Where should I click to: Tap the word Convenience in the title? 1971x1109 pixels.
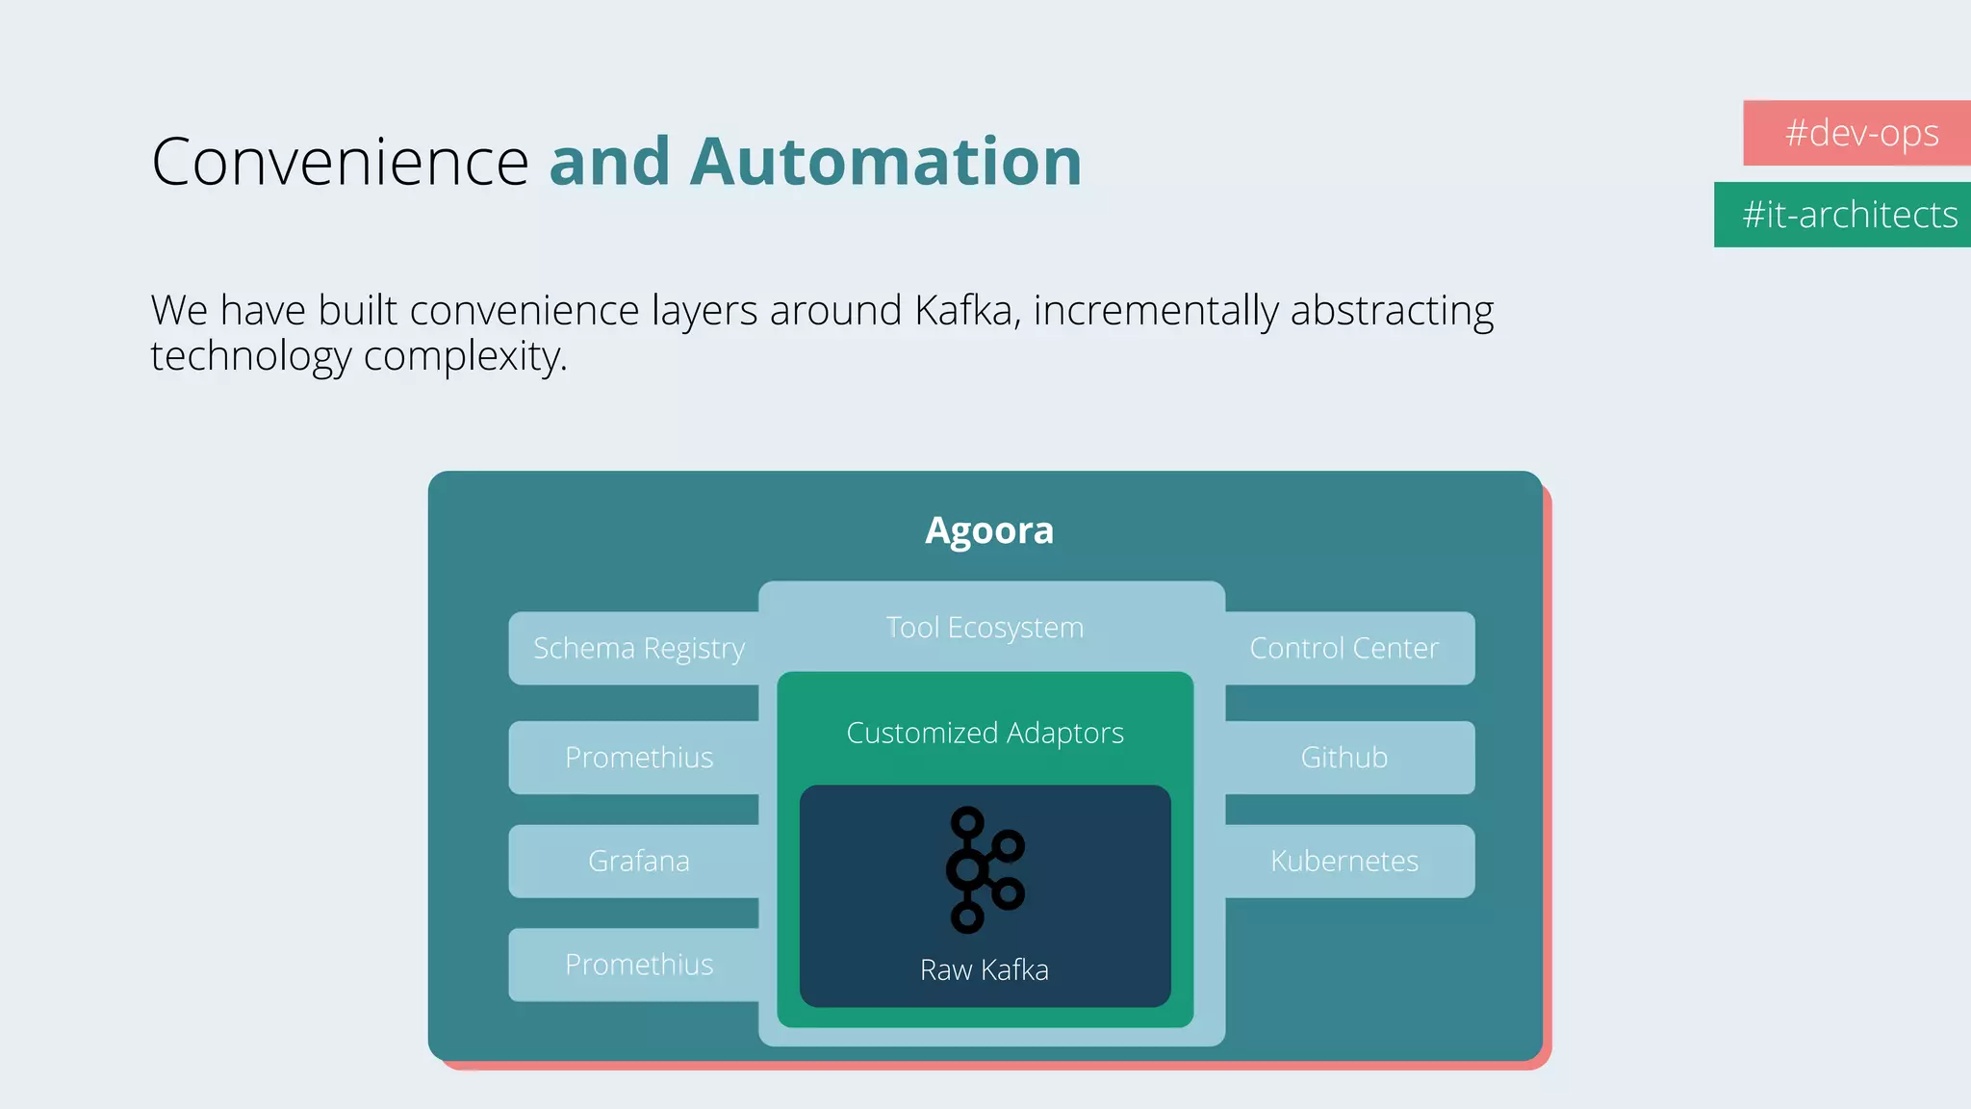[x=340, y=162]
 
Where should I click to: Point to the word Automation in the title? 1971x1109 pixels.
[x=885, y=162]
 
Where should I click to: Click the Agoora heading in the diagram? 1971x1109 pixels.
[x=988, y=530]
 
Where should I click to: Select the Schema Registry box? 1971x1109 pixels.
[x=638, y=648]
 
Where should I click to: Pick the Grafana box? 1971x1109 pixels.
[x=638, y=861]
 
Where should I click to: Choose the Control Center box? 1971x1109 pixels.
[x=1344, y=648]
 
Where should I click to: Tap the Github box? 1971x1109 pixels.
[x=1344, y=758]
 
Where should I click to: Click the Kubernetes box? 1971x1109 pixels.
[x=1344, y=861]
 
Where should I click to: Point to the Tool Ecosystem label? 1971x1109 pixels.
[x=985, y=628]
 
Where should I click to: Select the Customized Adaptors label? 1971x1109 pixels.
[x=985, y=734]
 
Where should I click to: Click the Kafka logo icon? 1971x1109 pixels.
[x=985, y=869]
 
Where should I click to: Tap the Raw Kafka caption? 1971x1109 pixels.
[x=984, y=969]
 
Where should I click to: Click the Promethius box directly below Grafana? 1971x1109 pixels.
[x=638, y=965]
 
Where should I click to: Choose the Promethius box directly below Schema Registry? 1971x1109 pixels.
[x=638, y=758]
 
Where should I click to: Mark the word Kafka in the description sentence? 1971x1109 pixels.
[x=966, y=311]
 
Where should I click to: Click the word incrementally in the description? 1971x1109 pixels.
[x=1156, y=311]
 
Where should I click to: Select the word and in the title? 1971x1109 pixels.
[x=609, y=162]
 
